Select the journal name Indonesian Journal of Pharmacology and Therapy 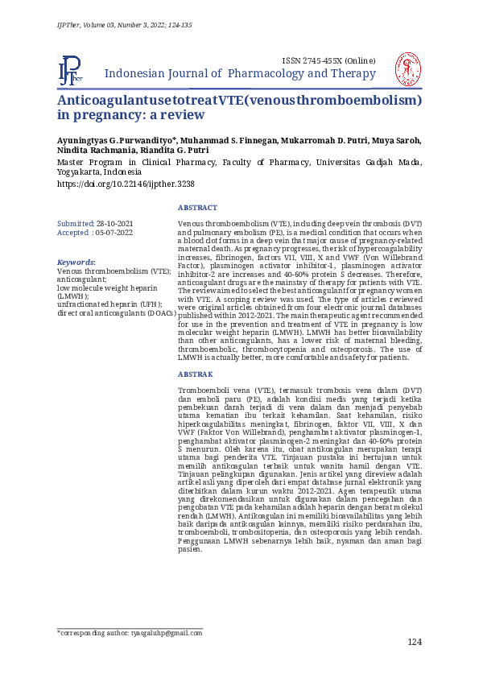(x=241, y=75)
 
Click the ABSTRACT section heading (x=197, y=208)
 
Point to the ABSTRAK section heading (x=196, y=374)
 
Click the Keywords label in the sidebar (x=76, y=263)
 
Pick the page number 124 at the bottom (x=414, y=642)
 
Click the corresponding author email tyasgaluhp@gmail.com (x=167, y=633)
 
